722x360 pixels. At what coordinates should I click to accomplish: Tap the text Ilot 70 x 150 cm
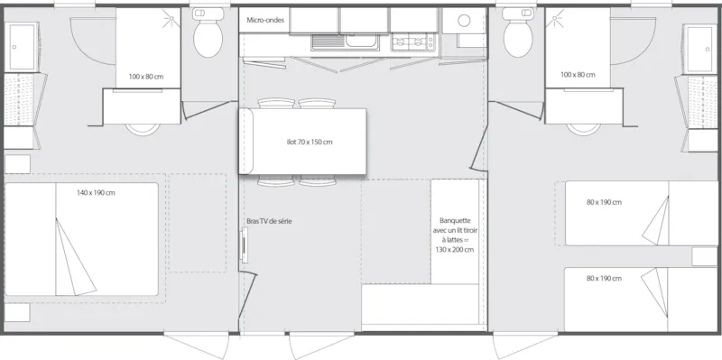point(303,142)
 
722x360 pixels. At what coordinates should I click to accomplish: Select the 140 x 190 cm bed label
point(96,193)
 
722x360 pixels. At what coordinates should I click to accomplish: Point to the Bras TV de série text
point(269,221)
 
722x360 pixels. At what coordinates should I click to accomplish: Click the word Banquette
point(454,219)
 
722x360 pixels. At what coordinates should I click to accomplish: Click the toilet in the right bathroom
point(518,37)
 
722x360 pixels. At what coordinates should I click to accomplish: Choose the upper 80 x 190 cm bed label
point(604,202)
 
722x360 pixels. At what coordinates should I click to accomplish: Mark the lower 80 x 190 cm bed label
point(604,279)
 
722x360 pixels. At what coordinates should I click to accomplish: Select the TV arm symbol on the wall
point(243,247)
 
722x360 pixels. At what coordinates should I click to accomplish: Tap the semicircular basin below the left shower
point(141,126)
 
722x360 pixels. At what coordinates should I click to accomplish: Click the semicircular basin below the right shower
point(583,126)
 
